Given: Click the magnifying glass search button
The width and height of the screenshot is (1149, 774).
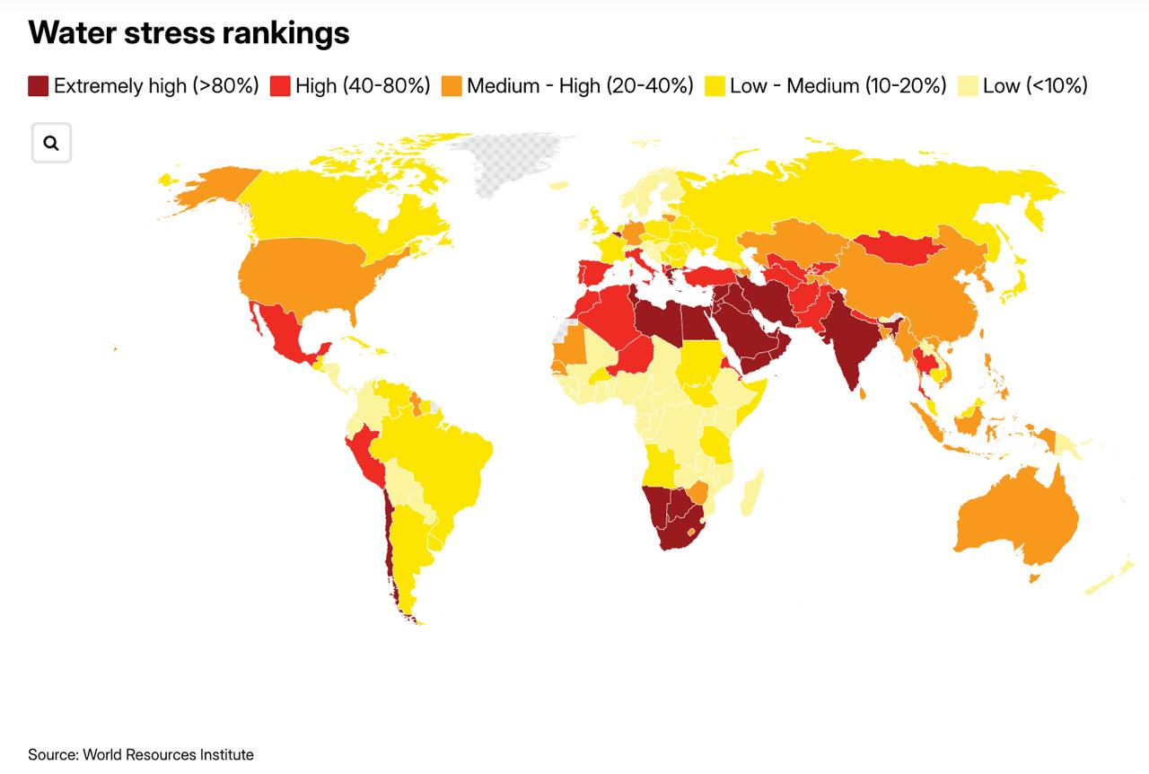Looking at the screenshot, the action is point(51,143).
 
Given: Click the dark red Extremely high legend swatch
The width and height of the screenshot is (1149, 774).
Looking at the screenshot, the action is point(38,85).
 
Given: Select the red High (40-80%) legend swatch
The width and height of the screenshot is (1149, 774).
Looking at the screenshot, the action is point(280,85).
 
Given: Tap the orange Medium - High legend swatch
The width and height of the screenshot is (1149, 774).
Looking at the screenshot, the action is point(452,85).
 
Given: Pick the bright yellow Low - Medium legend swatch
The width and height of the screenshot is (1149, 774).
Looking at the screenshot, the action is point(715,85).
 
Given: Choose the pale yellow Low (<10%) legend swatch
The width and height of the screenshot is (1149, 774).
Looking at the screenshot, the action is point(968,85).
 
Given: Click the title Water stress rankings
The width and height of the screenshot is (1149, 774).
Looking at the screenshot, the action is point(189,33).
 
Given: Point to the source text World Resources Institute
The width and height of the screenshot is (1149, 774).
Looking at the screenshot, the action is point(168,754).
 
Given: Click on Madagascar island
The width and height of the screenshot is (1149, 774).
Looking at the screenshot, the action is point(752,493).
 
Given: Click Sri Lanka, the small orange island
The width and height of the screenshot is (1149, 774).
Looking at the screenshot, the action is point(863,393).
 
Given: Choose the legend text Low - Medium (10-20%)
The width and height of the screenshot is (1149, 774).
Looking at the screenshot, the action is point(838,85).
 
